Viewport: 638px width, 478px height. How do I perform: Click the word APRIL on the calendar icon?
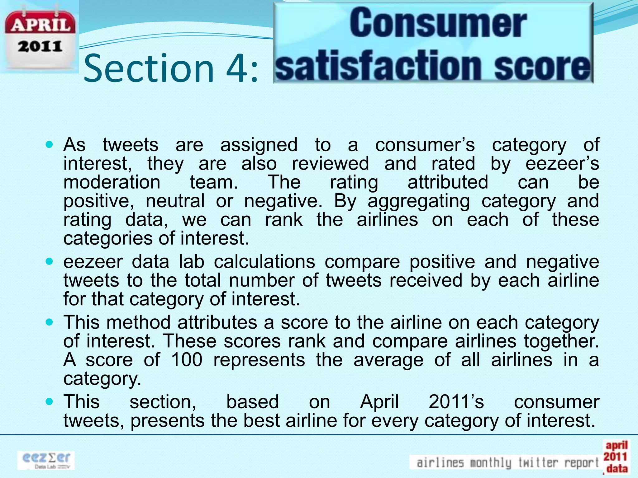click(40, 24)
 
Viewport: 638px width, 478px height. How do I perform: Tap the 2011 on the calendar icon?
click(40, 47)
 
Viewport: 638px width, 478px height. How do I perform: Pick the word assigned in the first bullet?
click(259, 145)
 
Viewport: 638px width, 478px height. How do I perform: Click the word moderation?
click(112, 182)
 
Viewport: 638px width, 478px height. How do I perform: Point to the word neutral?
click(175, 201)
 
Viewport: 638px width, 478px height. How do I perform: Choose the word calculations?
click(264, 262)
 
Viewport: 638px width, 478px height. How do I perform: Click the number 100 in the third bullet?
click(187, 360)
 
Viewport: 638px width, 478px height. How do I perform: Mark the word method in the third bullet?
click(138, 322)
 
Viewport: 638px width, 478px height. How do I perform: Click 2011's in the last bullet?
click(456, 402)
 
